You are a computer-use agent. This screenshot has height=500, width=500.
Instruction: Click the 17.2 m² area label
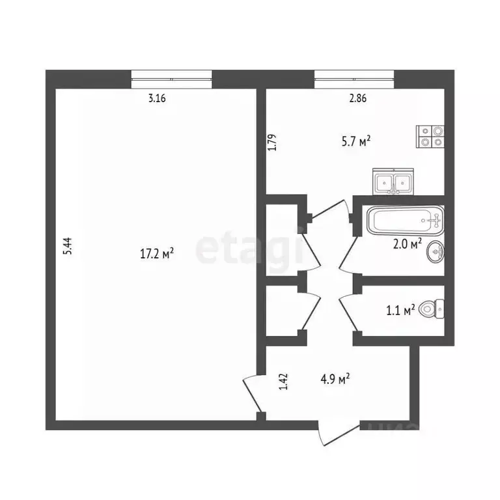157,255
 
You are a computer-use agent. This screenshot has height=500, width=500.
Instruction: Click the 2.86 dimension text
357,99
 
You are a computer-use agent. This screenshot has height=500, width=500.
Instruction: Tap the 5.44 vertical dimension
68,249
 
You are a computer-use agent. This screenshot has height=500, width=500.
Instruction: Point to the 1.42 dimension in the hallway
283,381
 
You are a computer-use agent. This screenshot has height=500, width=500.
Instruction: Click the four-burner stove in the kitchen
430,135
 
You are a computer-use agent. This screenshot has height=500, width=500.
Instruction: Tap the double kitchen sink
393,182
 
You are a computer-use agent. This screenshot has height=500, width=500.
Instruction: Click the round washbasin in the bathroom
436,252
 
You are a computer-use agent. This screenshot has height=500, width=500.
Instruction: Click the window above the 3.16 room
172,79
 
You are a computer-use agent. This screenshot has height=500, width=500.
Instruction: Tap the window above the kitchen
355,79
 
